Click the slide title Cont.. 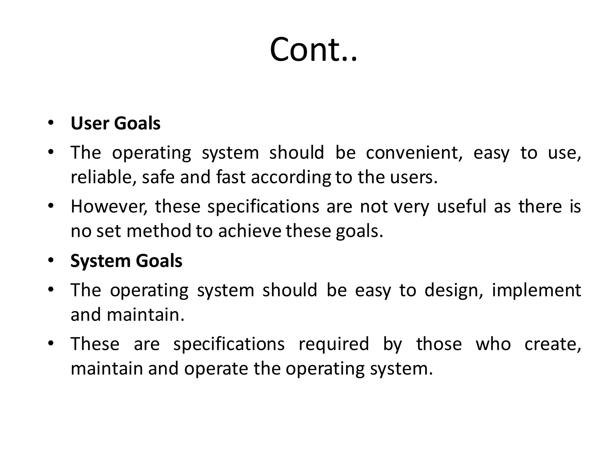click(313, 50)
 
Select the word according click(291, 178)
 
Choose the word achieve click(250, 231)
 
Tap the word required click(334, 344)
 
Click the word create click(553, 344)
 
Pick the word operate click(216, 369)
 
